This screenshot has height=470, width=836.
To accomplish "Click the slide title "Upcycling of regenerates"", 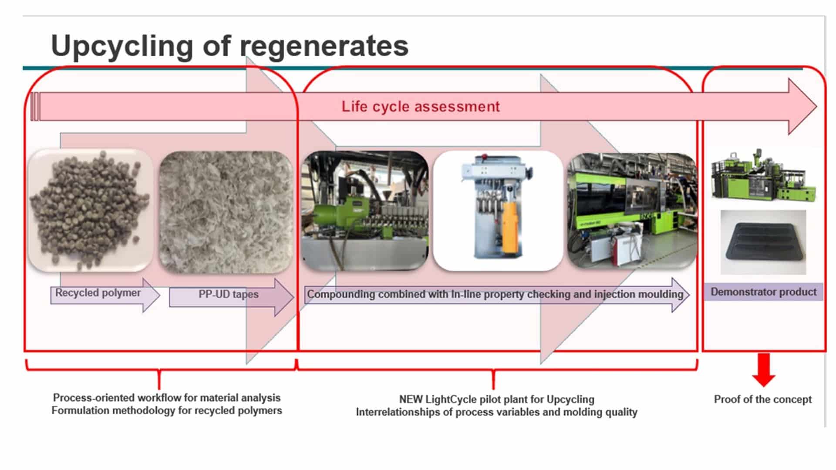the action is tap(229, 46).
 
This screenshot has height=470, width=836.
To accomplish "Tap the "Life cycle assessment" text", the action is tap(421, 107).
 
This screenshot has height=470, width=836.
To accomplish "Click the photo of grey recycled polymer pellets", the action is tap(91, 211).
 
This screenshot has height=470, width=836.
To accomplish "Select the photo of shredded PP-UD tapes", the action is tap(226, 212).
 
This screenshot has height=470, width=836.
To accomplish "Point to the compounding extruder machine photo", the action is tap(365, 211).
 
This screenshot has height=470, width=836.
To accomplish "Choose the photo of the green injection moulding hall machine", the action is tap(632, 211).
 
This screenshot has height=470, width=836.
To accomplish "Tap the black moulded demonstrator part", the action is tap(763, 243).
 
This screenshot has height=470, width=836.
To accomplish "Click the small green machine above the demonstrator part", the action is tap(763, 175).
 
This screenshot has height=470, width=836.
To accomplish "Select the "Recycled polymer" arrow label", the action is tap(98, 293).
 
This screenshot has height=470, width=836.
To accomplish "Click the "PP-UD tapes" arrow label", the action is tap(229, 295).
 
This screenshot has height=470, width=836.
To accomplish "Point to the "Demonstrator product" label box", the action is tap(764, 292).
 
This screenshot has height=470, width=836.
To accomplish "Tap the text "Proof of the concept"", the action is tap(763, 399).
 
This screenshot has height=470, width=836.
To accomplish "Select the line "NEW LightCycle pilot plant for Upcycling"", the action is tap(497, 399).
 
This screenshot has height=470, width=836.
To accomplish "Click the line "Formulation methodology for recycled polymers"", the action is tap(167, 410).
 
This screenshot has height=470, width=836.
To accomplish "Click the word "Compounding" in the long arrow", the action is tap(341, 295).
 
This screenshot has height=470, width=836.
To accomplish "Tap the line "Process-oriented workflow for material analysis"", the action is tap(167, 398).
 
